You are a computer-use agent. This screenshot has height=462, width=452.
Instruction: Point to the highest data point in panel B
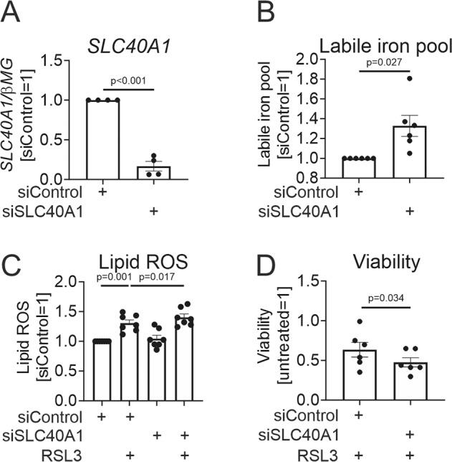click(x=410, y=78)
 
